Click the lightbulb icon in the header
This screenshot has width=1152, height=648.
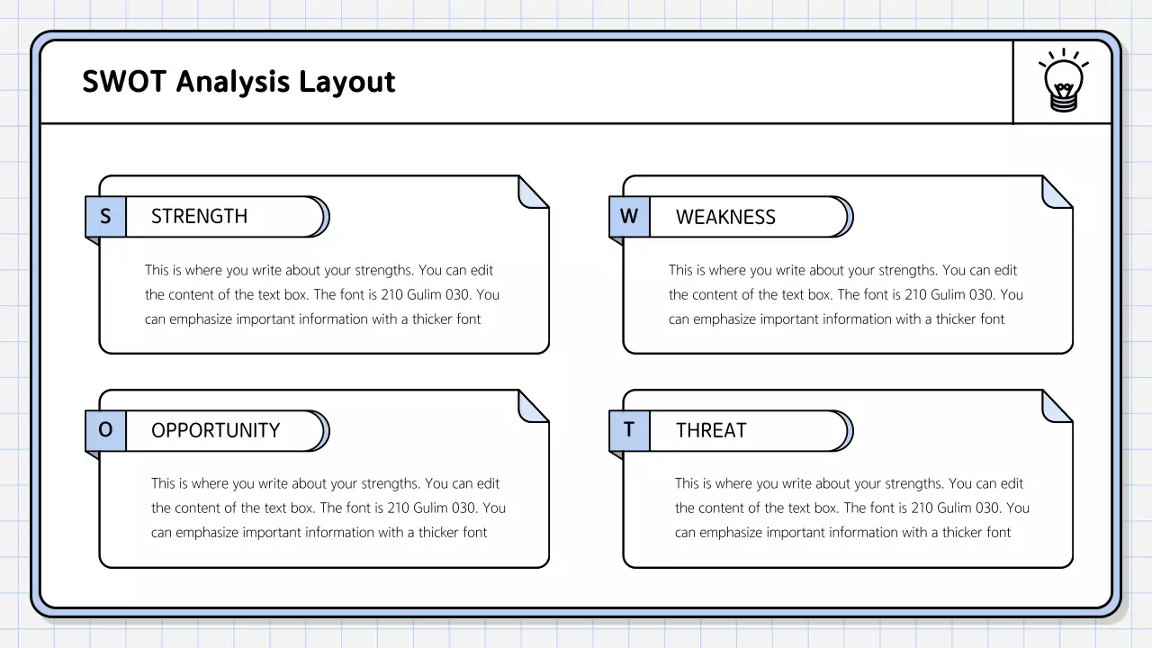coord(1063,82)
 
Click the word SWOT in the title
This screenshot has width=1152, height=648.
coord(125,82)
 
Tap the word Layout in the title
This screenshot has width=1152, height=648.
coord(346,82)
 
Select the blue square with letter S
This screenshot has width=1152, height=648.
coord(105,216)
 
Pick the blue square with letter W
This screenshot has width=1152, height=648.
coord(629,216)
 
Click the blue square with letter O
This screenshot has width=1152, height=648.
coord(105,430)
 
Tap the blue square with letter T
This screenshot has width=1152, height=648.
coord(629,430)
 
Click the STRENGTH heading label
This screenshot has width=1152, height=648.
coord(199,216)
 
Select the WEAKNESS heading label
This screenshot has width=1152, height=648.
coord(725,217)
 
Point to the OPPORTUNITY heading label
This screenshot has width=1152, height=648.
coord(215,430)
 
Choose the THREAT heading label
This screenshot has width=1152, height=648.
coord(711,430)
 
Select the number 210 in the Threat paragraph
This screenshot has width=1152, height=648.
coord(923,508)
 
